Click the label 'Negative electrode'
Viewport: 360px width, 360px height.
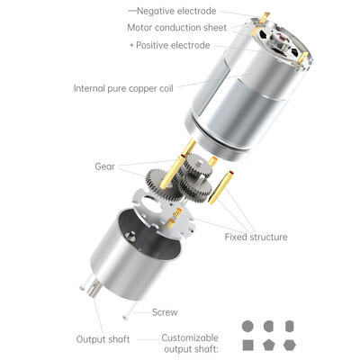tap(176, 11)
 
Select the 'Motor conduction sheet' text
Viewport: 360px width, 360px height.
tap(177, 28)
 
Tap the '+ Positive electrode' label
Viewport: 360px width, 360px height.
tap(170, 45)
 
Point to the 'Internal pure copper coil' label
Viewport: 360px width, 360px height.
tap(123, 88)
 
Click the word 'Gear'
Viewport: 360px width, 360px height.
tap(104, 166)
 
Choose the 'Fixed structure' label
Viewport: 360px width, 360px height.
tap(256, 237)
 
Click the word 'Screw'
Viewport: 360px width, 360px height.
tap(165, 312)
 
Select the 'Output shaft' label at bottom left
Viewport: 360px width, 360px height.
tap(103, 339)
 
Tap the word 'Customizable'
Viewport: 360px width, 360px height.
tap(190, 337)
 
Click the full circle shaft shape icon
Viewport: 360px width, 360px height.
tap(247, 326)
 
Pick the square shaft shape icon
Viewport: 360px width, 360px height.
tap(247, 346)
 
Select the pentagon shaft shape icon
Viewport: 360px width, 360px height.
tap(268, 346)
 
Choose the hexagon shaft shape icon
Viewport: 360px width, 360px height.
tap(290, 346)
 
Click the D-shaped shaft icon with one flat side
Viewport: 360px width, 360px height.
tap(268, 326)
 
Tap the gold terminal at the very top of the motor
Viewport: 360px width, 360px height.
tap(264, 18)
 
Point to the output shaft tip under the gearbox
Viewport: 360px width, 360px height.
tap(94, 288)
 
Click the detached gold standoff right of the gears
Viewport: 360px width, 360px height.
tap(221, 188)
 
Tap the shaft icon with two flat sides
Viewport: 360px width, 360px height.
tap(290, 326)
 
